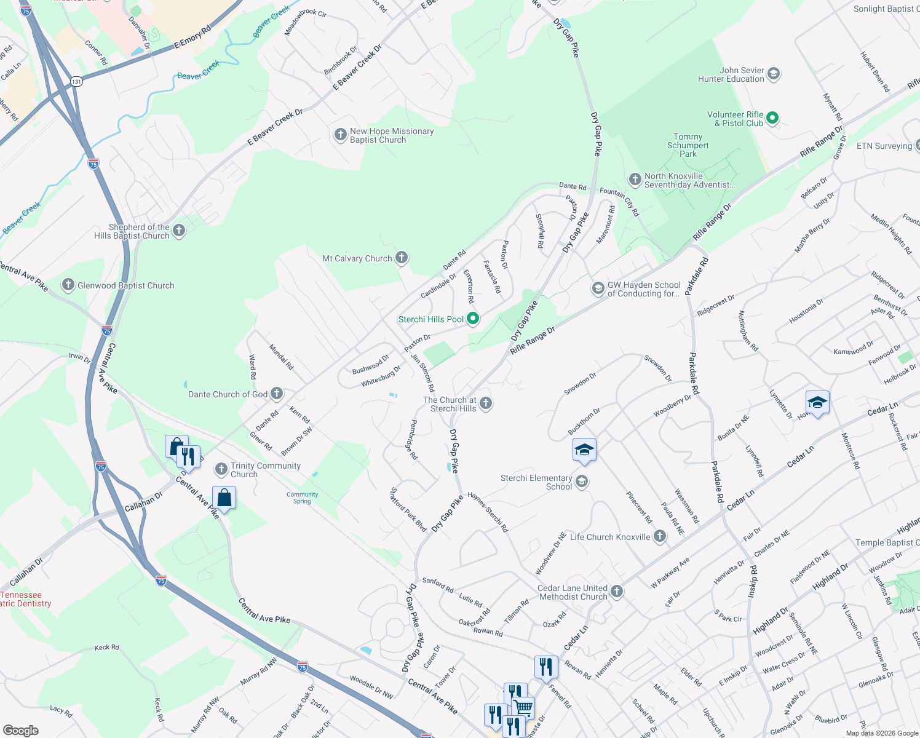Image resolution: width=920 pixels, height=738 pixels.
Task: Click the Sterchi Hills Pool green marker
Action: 472,319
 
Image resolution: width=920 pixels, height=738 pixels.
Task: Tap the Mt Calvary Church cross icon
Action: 402,258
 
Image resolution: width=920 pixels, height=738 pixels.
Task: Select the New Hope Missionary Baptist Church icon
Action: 340,135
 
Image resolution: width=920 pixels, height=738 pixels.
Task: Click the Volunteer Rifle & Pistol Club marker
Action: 773,118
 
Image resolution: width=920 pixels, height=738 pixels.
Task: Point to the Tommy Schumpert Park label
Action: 688,146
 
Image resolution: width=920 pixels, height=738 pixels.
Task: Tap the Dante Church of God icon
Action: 277,394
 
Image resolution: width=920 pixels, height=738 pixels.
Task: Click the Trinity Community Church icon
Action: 221,470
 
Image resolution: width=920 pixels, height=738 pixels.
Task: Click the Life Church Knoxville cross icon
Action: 659,536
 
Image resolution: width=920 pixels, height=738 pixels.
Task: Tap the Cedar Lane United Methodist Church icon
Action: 617,592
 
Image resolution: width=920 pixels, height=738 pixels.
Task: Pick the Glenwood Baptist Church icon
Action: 68,285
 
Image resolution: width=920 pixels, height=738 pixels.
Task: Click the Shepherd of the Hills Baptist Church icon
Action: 179,231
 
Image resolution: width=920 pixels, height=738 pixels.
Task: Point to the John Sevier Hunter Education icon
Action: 774,74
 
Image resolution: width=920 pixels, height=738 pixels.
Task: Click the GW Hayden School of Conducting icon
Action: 597,288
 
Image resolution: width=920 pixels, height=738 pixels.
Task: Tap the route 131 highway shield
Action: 76,81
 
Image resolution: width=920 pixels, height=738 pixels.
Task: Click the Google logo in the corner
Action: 20,730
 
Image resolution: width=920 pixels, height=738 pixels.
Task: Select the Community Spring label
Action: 302,498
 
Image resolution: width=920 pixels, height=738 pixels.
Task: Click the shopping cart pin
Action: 523,707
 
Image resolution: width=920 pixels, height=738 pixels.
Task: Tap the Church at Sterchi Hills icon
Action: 486,403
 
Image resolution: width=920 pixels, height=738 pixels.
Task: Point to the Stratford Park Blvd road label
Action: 408,510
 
